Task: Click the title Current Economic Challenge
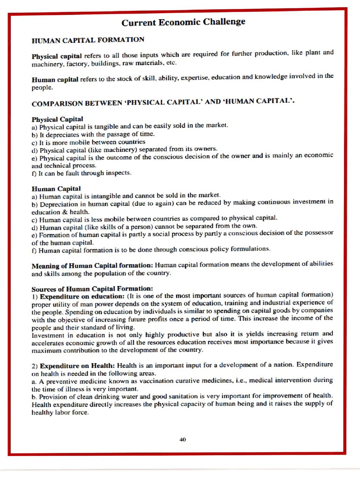(x=183, y=22)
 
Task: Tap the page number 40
(x=182, y=439)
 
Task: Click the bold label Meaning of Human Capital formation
(x=92, y=265)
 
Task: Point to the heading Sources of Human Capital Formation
(x=92, y=288)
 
